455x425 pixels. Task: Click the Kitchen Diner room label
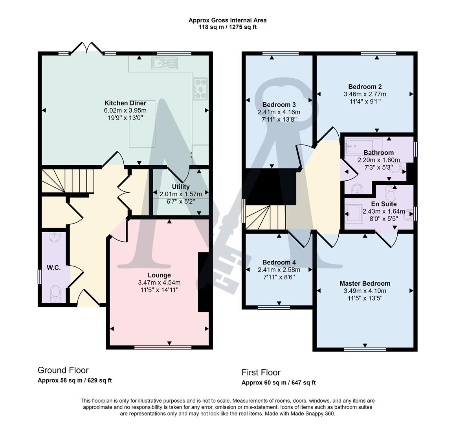point(125,103)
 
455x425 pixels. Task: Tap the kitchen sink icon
point(165,63)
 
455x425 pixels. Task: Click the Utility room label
point(181,187)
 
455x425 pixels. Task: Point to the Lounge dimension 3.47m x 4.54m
point(159,282)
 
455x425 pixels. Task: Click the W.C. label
point(53,268)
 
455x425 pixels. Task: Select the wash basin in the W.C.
point(54,237)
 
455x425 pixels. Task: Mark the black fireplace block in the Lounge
point(203,282)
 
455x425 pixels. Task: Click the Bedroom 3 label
point(279,105)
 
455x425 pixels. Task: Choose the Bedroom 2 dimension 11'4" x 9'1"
point(365,101)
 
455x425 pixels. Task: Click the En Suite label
point(384,204)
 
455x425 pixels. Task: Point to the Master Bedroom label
point(365,283)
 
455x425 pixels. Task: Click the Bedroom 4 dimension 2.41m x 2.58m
point(279,270)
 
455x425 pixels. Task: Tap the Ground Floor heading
point(63,370)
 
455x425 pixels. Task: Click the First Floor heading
point(261,372)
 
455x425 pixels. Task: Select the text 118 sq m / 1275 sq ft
point(228,27)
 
